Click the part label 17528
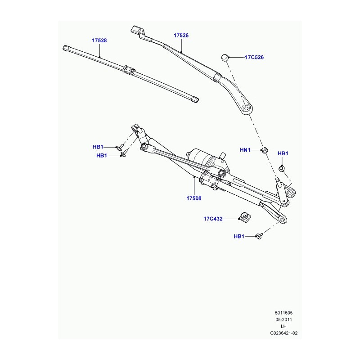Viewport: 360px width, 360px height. click(99, 40)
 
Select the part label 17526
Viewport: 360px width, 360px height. click(181, 36)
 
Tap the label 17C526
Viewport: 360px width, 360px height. click(254, 57)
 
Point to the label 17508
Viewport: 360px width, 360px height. click(194, 198)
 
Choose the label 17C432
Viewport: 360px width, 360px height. click(213, 219)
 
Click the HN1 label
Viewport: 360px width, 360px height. click(245, 150)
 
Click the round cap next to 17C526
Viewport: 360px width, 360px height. click(225, 58)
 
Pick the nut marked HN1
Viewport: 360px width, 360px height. click(265, 150)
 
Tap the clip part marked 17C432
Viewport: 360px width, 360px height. click(245, 217)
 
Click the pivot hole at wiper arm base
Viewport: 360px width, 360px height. click(246, 108)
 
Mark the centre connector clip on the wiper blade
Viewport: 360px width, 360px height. click(129, 70)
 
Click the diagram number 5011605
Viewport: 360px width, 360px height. click(284, 313)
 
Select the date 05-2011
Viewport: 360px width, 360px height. click(284, 319)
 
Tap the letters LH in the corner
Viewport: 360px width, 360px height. click(284, 326)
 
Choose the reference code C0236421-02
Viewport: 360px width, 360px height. click(284, 333)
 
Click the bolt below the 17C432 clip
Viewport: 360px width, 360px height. click(260, 235)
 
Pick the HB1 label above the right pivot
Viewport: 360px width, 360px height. click(283, 153)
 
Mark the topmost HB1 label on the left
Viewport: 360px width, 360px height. click(98, 147)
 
